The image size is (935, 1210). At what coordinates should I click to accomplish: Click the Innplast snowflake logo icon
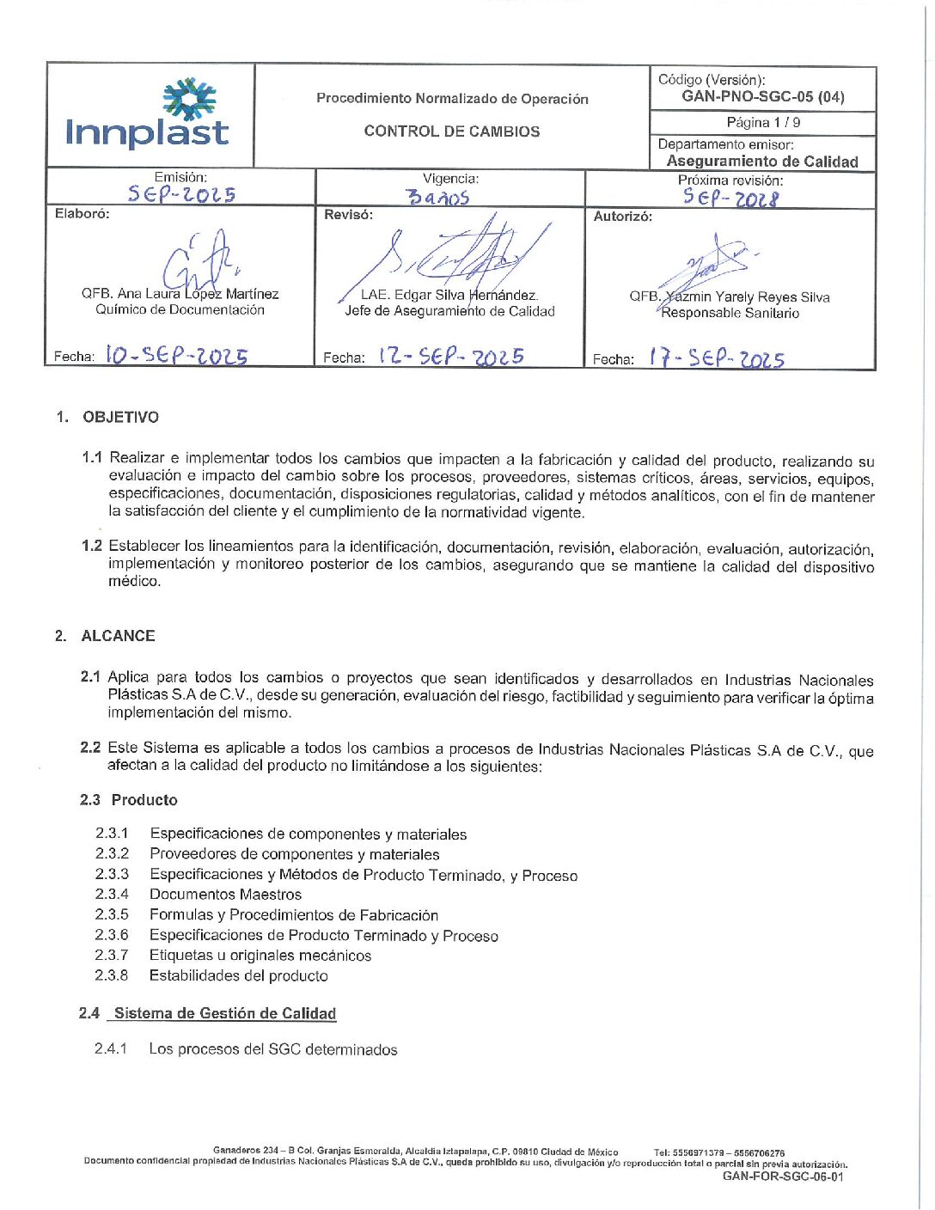pyautogui.click(x=189, y=98)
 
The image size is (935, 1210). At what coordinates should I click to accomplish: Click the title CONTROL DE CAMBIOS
pyautogui.click(x=452, y=131)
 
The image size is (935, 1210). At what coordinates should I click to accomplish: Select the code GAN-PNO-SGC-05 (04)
pyautogui.click(x=762, y=96)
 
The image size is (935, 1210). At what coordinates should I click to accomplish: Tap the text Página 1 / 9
pyautogui.click(x=763, y=123)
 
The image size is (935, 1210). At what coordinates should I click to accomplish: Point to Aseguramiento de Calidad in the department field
pyautogui.click(x=762, y=162)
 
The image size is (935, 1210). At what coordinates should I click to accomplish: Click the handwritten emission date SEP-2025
pyautogui.click(x=181, y=194)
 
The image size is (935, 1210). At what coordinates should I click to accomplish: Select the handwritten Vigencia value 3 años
pyautogui.click(x=437, y=198)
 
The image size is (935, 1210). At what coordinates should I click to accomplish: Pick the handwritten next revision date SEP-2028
pyautogui.click(x=730, y=198)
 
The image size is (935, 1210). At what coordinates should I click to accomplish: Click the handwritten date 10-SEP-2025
pyautogui.click(x=176, y=355)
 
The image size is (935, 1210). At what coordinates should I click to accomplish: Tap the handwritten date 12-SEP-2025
pyautogui.click(x=451, y=357)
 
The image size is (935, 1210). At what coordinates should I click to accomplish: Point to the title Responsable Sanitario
pyautogui.click(x=730, y=313)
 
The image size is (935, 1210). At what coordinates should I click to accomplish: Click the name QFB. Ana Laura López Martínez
pyautogui.click(x=180, y=294)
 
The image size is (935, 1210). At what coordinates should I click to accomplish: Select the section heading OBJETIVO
pyautogui.click(x=120, y=418)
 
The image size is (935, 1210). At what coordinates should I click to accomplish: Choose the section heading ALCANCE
pyautogui.click(x=118, y=636)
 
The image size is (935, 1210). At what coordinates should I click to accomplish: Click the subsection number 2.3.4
pyautogui.click(x=112, y=894)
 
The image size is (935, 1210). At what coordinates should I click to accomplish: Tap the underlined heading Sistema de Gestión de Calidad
pyautogui.click(x=224, y=1013)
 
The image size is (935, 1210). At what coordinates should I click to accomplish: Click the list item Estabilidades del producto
pyautogui.click(x=238, y=975)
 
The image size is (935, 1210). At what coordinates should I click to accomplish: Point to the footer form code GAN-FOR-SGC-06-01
pyautogui.click(x=783, y=1176)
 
